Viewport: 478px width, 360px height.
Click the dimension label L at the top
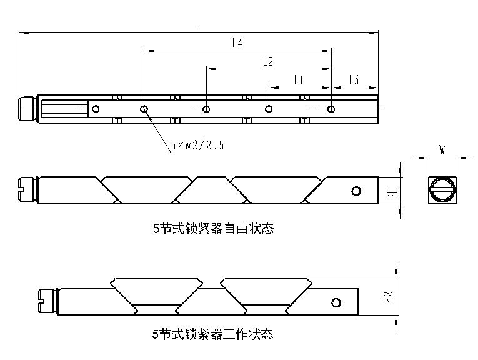pyautogui.click(x=198, y=24)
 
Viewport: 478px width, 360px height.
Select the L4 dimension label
pyautogui.click(x=237, y=43)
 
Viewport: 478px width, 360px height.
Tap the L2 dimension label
pyautogui.click(x=268, y=61)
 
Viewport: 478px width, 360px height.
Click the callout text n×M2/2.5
pyautogui.click(x=197, y=145)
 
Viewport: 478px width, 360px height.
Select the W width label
pyautogui.click(x=442, y=149)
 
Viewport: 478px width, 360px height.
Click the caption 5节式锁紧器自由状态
pyautogui.click(x=213, y=229)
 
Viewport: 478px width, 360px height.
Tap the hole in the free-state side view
pyautogui.click(x=356, y=191)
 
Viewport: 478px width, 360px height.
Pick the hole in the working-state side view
pyautogui.click(x=336, y=303)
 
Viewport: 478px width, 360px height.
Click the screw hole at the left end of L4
pyautogui.click(x=144, y=109)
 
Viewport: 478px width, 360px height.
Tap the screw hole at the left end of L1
pyautogui.click(x=269, y=109)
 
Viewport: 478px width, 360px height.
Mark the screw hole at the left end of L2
pyautogui.click(x=206, y=109)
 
